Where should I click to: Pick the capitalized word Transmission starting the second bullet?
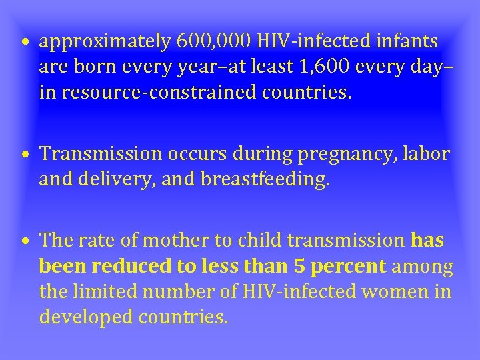click(100, 154)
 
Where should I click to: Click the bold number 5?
click(299, 267)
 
